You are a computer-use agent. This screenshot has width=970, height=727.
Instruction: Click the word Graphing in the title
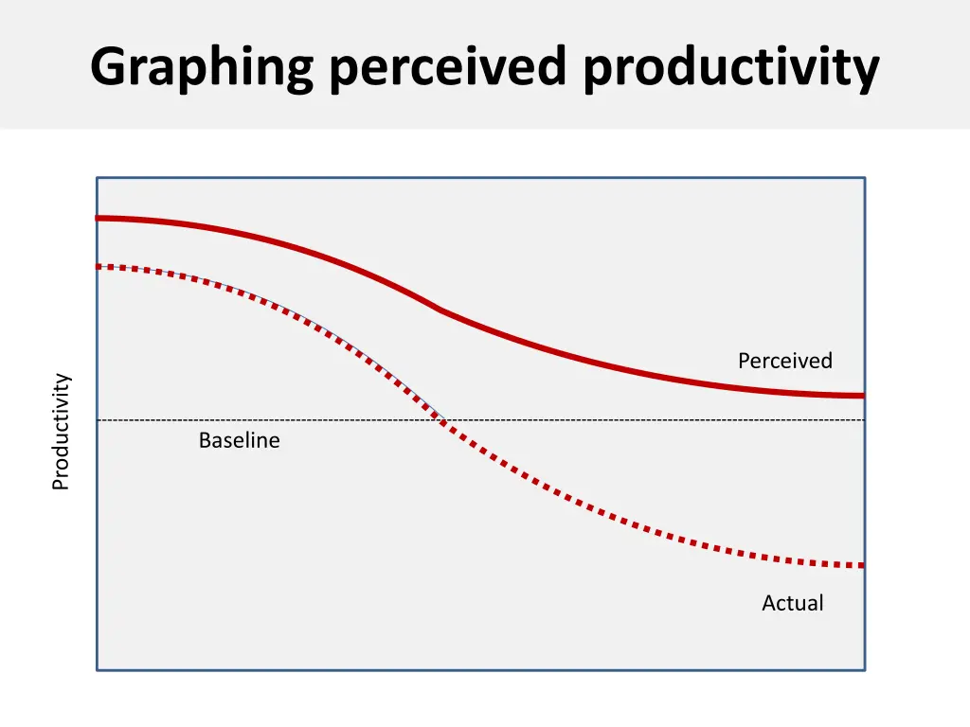pos(201,68)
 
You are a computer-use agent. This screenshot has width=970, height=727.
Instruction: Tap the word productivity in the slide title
pos(730,68)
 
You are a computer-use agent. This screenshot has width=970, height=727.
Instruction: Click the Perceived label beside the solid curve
pos(784,361)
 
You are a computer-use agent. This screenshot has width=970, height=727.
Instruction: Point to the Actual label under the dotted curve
pos(792,603)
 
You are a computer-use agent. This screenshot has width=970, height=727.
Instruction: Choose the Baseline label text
pos(239,440)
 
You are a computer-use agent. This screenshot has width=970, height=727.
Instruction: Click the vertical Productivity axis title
pos(61,432)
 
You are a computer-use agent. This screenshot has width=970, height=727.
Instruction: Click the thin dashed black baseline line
pos(663,419)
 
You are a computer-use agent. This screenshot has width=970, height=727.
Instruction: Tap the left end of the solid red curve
pos(99,218)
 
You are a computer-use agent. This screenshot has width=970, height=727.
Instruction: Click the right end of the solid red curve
pos(862,395)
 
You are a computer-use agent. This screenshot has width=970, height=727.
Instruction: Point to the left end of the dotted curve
pos(99,266)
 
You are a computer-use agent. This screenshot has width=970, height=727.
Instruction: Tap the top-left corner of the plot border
pos(97,177)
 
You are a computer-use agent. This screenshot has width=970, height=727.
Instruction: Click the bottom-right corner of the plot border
pos(865,670)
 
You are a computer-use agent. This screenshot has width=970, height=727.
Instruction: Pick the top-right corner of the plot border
pos(865,177)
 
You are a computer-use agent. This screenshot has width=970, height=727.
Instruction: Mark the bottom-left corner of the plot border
pos(97,670)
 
